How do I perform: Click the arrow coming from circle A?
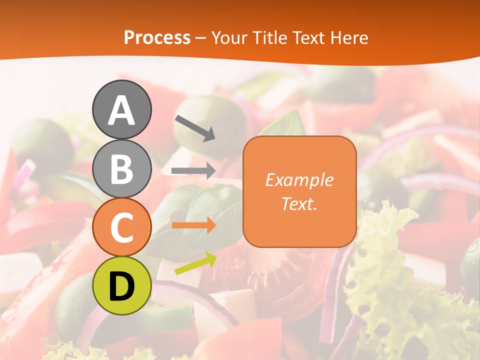195,128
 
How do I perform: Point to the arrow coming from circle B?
193,170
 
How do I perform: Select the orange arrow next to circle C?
193,225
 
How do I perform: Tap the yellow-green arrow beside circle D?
195,264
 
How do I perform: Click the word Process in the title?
157,37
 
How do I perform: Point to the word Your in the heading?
229,37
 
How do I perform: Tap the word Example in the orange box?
299,180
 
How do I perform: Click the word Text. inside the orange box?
299,203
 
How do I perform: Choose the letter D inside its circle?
121,286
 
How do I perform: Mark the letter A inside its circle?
121,110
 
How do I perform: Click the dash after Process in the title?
201,38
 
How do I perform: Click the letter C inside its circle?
121,227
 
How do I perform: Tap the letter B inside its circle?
121,168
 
